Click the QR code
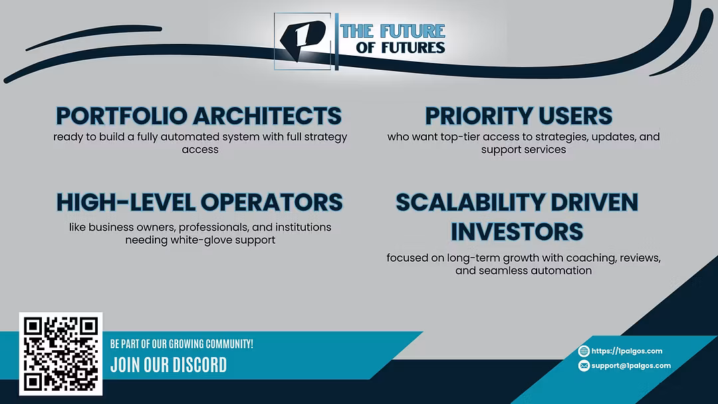tap(61, 353)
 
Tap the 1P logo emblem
tap(302, 41)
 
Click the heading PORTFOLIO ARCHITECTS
tap(199, 116)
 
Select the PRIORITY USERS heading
tap(519, 116)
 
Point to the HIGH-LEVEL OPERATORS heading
tap(199, 202)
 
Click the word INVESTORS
tap(517, 231)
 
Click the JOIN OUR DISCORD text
tap(168, 365)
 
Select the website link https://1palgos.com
tap(626, 351)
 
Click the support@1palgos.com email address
tap(630, 365)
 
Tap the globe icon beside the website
tap(584, 351)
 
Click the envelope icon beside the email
tap(584, 365)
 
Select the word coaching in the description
tap(591, 258)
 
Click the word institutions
tap(303, 227)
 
